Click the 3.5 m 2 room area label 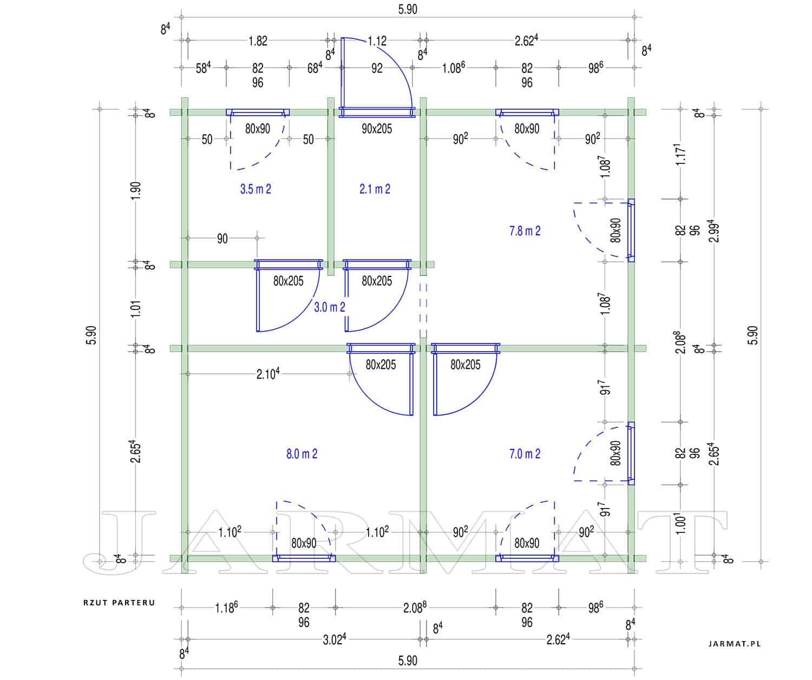(256, 189)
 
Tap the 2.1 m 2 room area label (375, 189)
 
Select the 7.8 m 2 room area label (525, 231)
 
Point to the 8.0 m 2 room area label (302, 454)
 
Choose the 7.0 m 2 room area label (525, 454)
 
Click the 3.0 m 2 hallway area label (330, 307)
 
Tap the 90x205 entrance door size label (377, 129)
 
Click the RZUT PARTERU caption (119, 603)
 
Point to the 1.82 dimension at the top (258, 41)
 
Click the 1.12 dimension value (377, 41)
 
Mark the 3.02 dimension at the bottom (334, 639)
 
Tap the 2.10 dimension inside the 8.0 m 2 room (267, 374)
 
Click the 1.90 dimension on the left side (136, 191)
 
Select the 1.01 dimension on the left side (136, 309)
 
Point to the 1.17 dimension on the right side (680, 154)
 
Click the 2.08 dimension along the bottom (415, 607)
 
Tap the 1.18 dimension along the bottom (226, 607)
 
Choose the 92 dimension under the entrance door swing (377, 68)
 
